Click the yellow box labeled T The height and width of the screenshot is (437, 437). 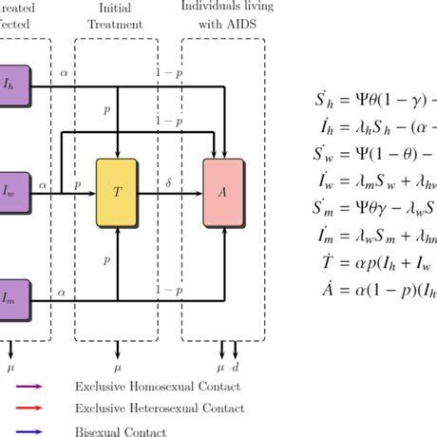[x=118, y=191]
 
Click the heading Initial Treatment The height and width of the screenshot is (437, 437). [x=118, y=16]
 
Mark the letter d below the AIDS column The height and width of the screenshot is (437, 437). [x=237, y=365]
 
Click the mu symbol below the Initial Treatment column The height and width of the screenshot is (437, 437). [x=118, y=365]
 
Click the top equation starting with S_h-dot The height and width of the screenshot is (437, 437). [x=375, y=100]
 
